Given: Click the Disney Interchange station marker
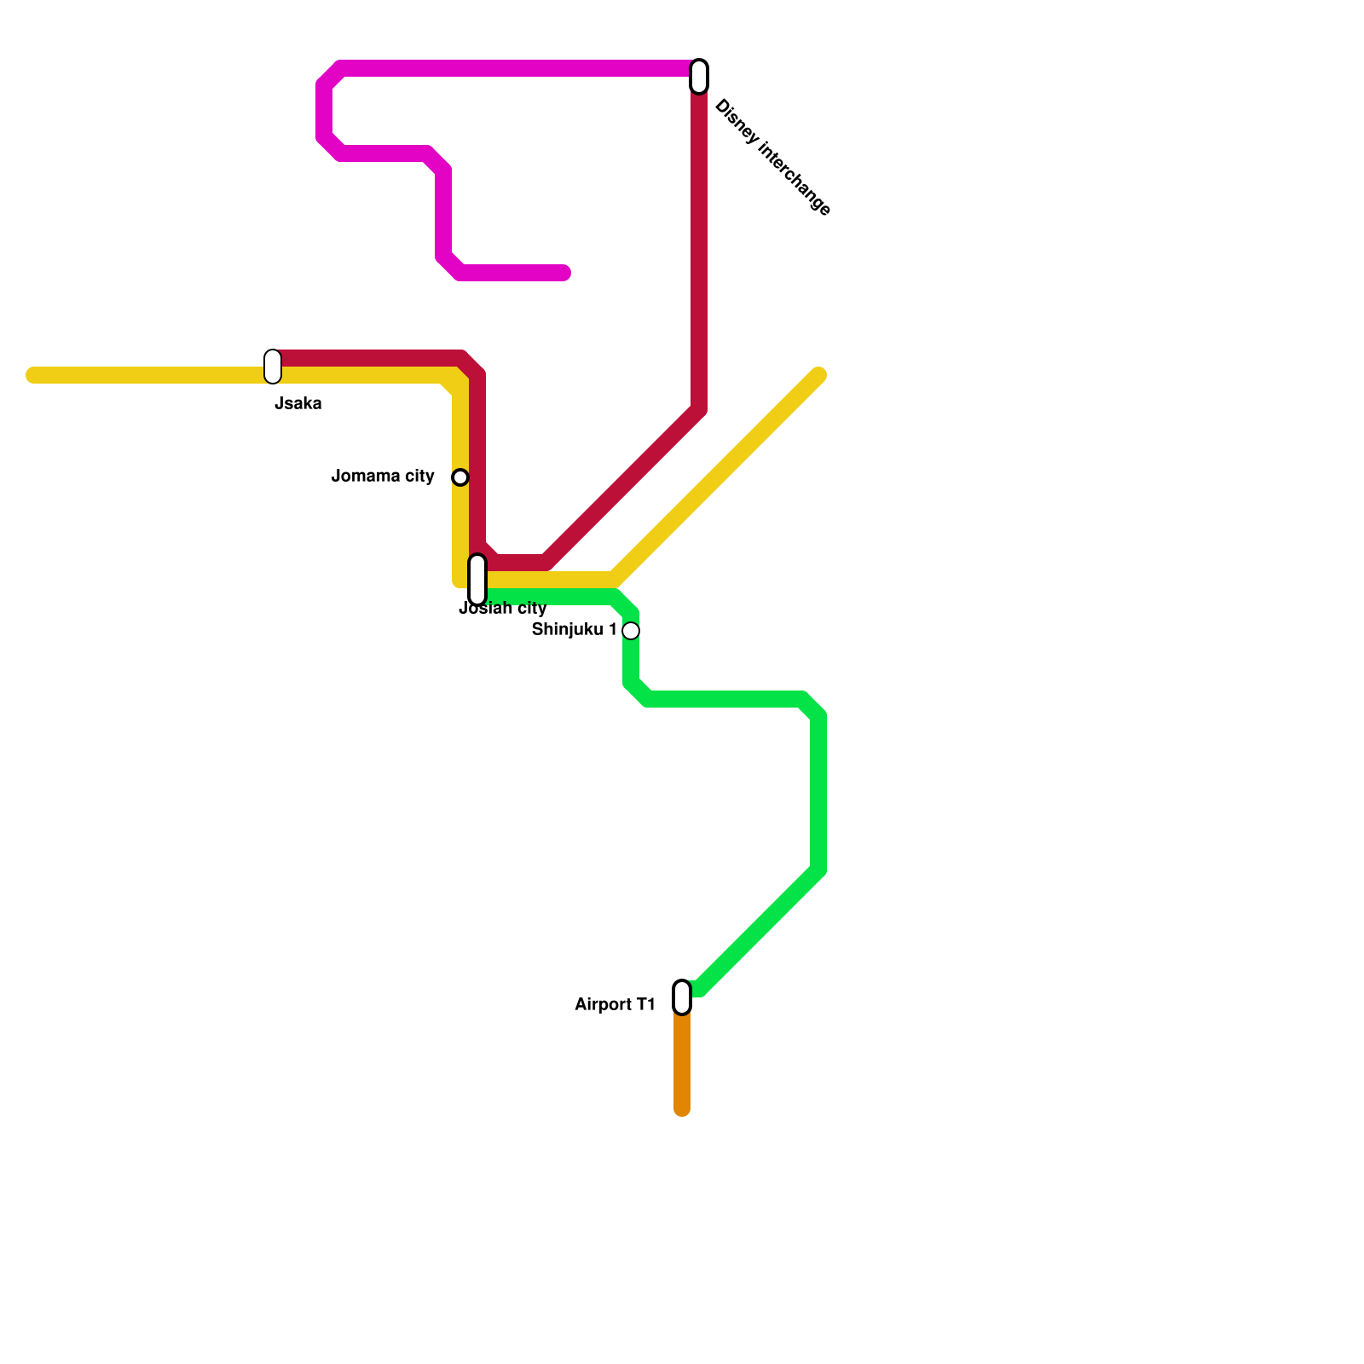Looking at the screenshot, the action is pos(699,77).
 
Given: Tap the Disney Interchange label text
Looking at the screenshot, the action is pos(772,158).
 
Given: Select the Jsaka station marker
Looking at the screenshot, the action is pos(273,367).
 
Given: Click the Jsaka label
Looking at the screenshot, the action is pos(298,404).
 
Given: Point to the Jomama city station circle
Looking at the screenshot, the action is pos(460,477).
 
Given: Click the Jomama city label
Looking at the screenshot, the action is pos(383,476).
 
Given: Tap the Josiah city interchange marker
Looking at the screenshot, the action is pos(477,580).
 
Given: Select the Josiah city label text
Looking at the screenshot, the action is pos(503,609).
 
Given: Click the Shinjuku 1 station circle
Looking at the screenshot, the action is pos(631,631).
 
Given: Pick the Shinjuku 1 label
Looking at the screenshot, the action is pos(574,630).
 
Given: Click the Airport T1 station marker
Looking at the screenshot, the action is pos(682,997).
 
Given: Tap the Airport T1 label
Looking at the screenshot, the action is pos(615,1005).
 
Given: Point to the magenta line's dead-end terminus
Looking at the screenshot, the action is pos(564,273).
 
